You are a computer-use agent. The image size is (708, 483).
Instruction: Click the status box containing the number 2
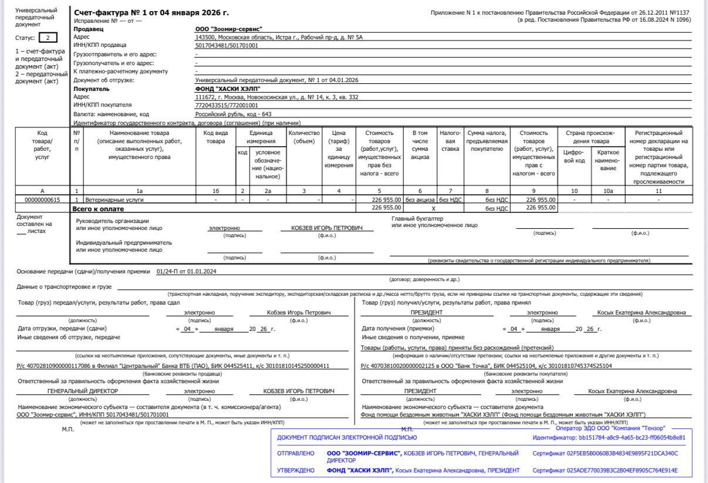tap(48, 38)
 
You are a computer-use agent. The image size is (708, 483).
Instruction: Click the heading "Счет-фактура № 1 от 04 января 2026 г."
tap(151, 12)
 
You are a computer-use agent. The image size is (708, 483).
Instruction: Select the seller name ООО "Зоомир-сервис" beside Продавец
tap(228, 29)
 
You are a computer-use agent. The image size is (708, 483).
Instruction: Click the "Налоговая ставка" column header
tap(450, 141)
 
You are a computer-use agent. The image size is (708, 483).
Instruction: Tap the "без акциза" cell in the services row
tap(420, 200)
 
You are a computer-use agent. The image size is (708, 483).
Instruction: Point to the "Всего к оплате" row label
tap(97, 208)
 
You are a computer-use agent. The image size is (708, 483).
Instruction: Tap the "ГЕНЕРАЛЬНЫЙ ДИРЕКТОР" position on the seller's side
tap(79, 391)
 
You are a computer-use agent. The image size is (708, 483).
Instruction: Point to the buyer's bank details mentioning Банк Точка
tap(487, 366)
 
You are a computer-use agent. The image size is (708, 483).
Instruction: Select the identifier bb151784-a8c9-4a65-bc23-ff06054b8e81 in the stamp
tap(608, 437)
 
